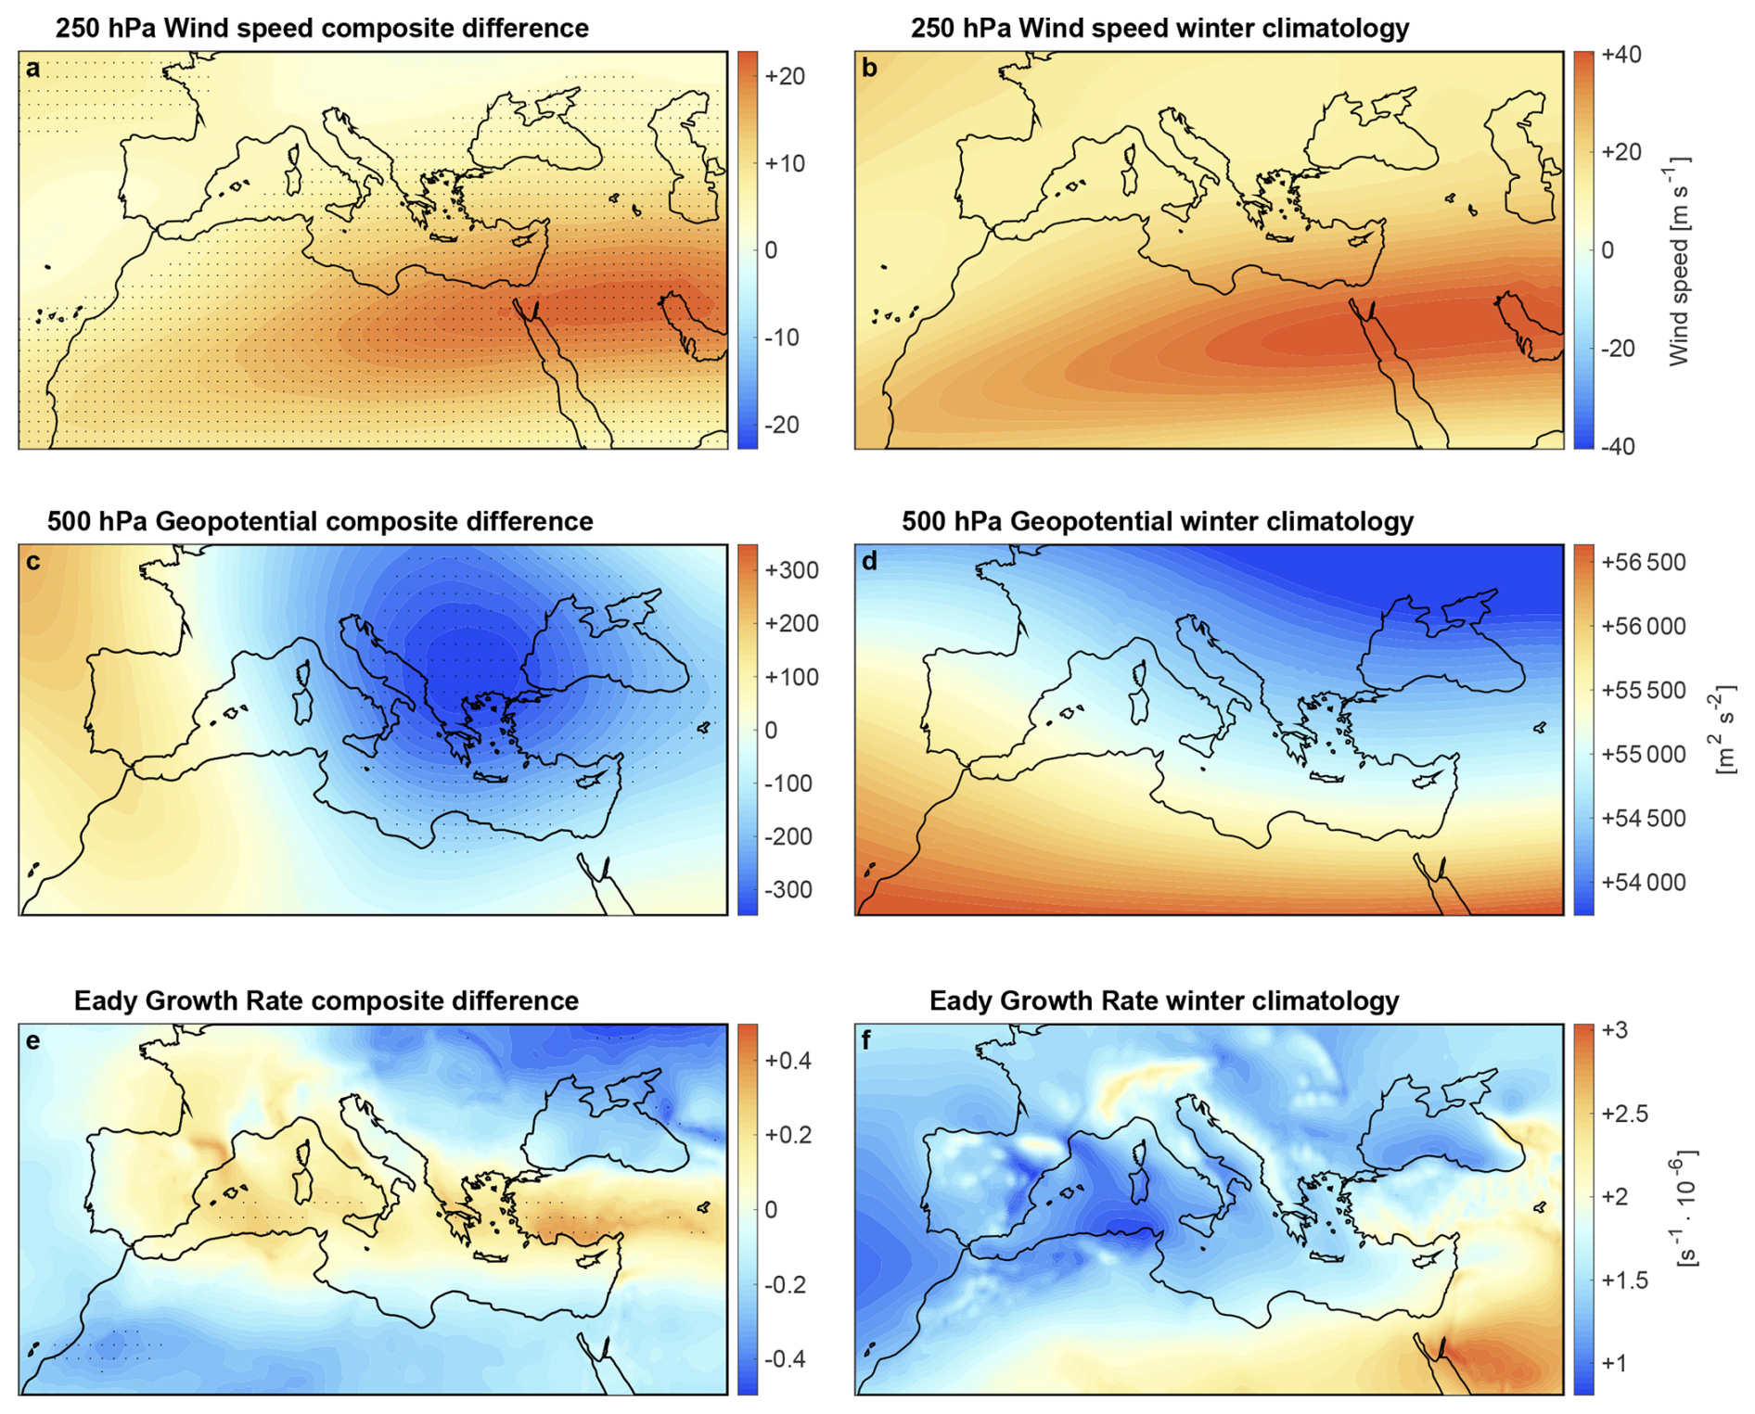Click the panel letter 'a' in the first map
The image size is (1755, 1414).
(33, 69)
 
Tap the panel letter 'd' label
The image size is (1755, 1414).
(869, 562)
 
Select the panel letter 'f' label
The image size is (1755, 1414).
(867, 1040)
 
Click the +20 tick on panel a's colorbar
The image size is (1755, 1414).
(784, 76)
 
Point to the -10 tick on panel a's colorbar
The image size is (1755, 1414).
(781, 338)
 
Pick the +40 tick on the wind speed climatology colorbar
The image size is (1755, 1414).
(1620, 55)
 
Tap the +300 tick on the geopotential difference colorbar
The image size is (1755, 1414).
(790, 570)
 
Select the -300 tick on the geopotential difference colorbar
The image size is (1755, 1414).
(788, 890)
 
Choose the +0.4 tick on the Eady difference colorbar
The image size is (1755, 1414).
(788, 1060)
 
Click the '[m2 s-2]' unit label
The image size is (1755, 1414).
(1724, 729)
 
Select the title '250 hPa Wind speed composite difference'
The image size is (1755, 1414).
(322, 28)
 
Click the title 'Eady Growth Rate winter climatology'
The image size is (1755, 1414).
(1164, 1000)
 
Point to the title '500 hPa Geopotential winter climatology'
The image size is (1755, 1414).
(1158, 521)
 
